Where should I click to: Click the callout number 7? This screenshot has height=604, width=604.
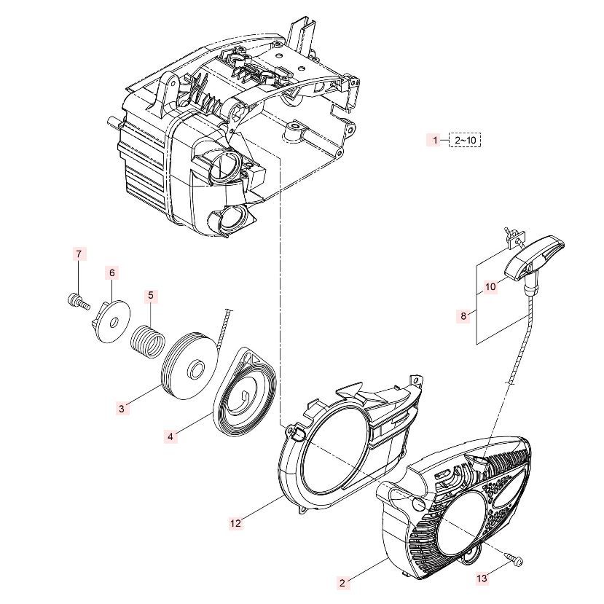click(79, 254)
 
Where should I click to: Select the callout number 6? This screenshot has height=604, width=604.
click(111, 272)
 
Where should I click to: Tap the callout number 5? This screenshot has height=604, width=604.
click(151, 296)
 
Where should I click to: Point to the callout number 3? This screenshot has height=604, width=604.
click(122, 409)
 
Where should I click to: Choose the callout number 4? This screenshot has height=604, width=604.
click(170, 436)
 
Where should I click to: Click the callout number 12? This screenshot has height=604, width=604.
click(235, 522)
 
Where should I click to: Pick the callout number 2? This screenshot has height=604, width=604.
click(342, 582)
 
